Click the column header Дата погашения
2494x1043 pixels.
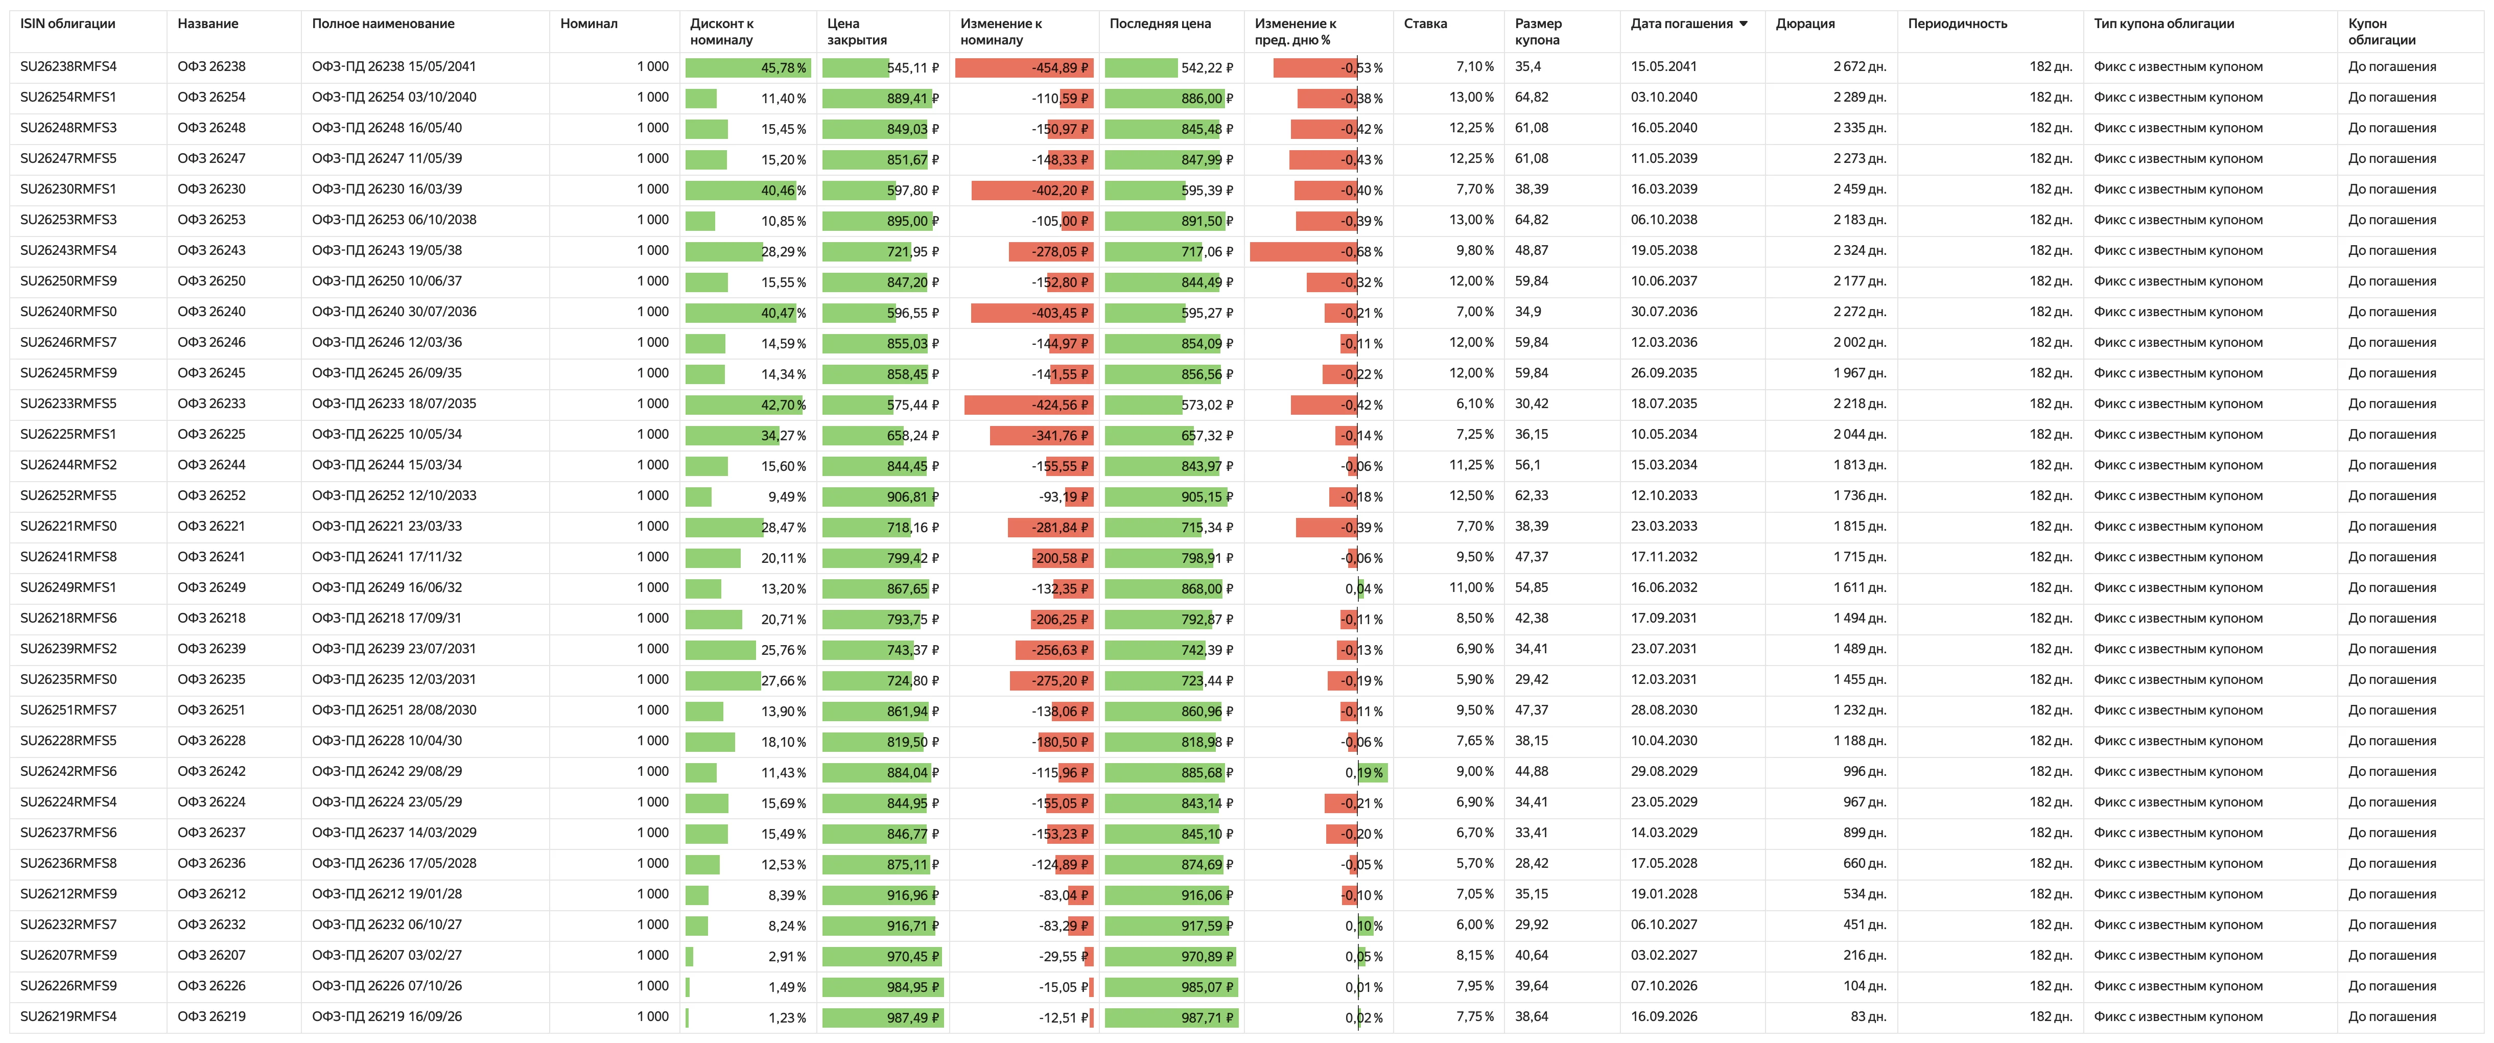[x=1681, y=23]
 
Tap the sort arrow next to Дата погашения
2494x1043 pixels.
[x=1744, y=24]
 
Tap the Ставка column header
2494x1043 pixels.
[x=1425, y=23]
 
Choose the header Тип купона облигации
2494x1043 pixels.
[x=2164, y=23]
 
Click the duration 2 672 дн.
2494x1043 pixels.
[x=1860, y=67]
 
